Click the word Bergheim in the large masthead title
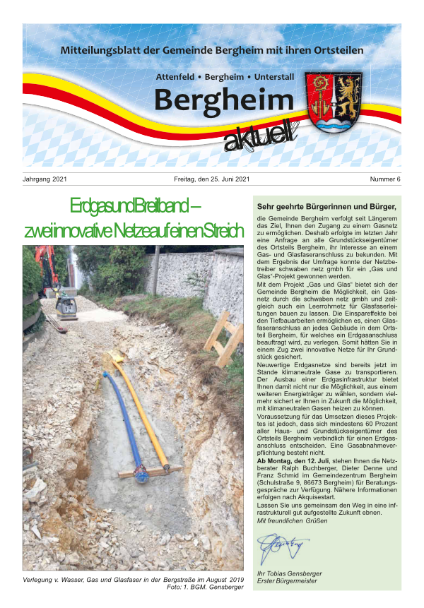point(223,100)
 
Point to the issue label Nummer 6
point(384,179)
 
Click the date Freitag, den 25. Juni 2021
point(212,179)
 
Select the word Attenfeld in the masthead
point(175,76)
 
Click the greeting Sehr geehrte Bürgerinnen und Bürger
point(326,207)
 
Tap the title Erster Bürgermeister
point(287,581)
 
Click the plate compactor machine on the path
point(67,306)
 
